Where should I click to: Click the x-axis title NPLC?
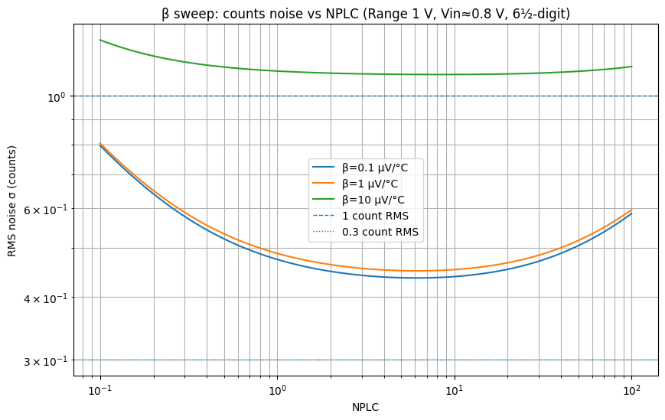pos(366,407)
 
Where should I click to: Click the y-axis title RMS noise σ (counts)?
pos(12,199)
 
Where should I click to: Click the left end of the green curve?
pos(100,40)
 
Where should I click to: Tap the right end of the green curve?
pos(631,67)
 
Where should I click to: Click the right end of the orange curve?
pos(631,210)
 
